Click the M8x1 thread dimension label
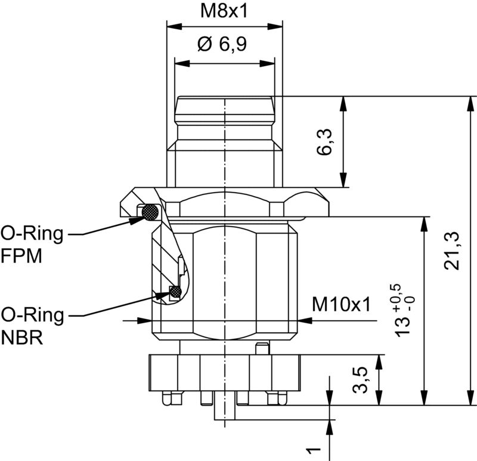(x=224, y=11)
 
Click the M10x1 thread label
(x=341, y=305)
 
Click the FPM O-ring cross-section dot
(x=150, y=212)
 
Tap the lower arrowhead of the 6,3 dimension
(x=343, y=181)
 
